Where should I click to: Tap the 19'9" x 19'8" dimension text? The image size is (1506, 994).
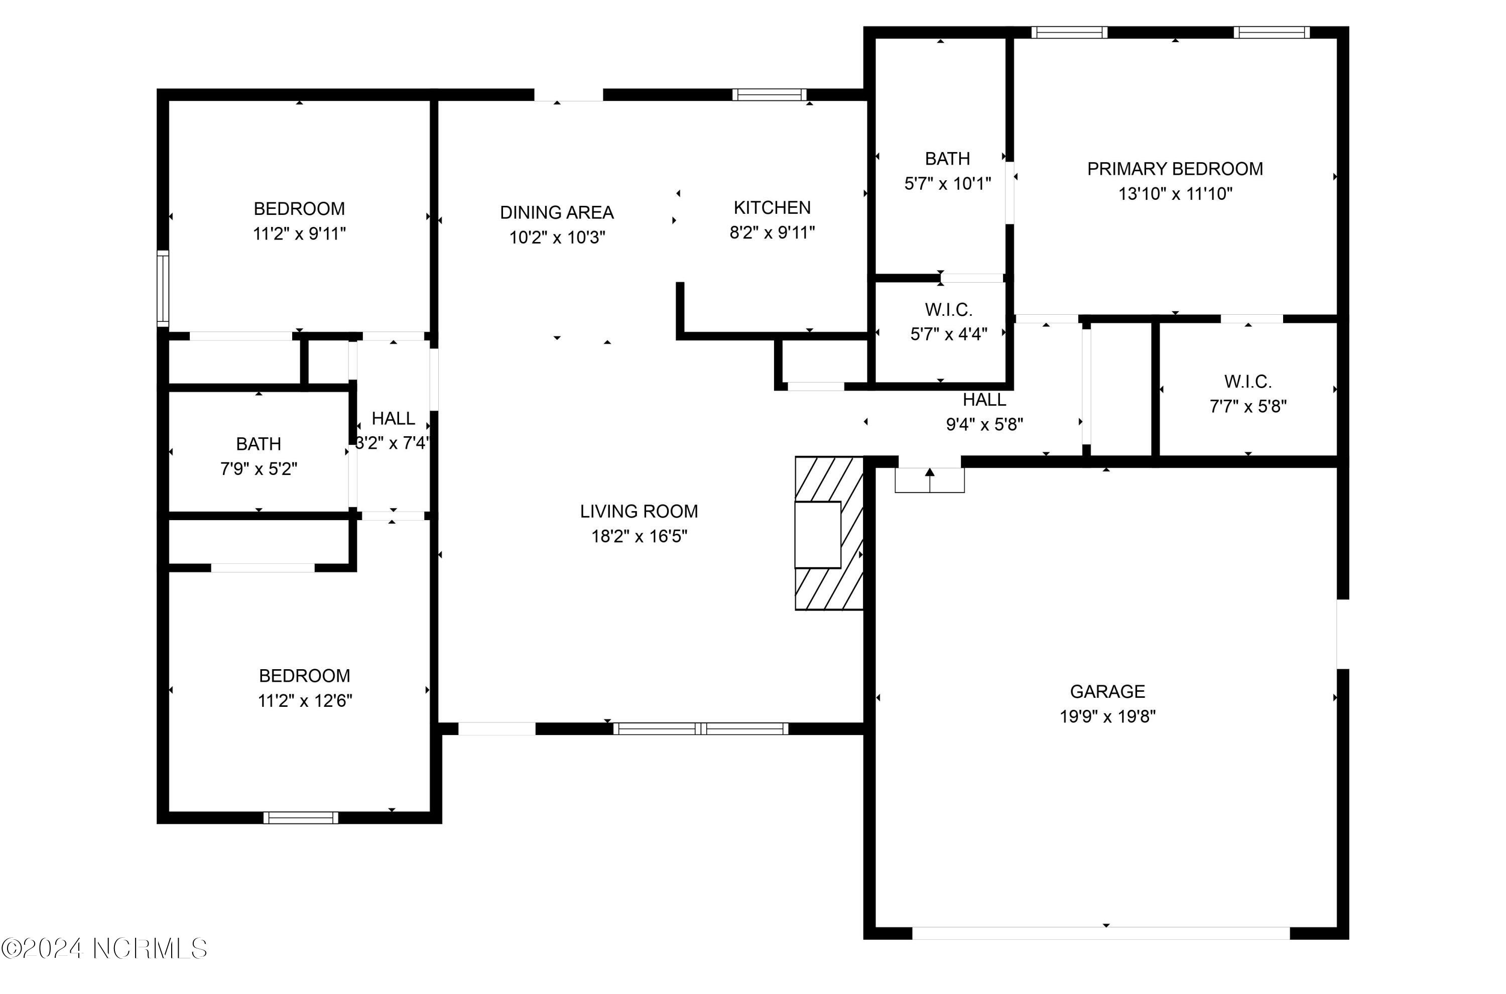coord(1107,717)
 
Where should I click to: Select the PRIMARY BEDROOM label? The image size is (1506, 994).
coord(1175,169)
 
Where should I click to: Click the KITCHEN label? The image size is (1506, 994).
coord(772,208)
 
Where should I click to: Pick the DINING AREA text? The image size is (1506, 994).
coord(557,212)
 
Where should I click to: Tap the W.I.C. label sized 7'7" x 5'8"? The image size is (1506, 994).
coord(1247,382)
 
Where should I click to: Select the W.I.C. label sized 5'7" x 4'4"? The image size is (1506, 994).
coord(948,310)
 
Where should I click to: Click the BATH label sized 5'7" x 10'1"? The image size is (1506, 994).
coord(947,159)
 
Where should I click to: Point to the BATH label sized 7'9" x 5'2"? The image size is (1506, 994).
coord(258,444)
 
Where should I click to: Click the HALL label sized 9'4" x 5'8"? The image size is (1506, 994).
coord(984,400)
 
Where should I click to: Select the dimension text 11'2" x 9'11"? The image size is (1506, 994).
coord(299,234)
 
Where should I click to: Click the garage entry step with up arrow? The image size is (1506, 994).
coord(929,480)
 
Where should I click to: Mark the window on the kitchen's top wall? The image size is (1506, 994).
coord(769,95)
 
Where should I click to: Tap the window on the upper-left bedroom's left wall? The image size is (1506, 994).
coord(163,289)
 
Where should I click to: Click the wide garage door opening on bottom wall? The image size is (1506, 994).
coord(1100,933)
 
